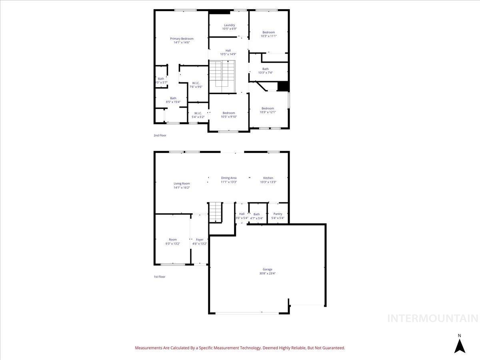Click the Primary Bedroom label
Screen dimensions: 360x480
click(182, 39)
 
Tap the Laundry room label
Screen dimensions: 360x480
click(229, 25)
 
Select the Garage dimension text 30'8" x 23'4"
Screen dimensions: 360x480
click(267, 274)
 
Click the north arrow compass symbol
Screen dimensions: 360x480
click(460, 345)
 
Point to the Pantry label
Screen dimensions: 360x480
click(277, 214)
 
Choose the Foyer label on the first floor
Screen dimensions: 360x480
click(200, 240)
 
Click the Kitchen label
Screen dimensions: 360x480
click(268, 178)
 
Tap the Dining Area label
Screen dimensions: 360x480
click(229, 178)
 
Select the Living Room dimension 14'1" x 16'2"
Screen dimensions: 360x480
click(182, 188)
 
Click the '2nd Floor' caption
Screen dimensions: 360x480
click(160, 136)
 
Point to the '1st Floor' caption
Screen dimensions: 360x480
click(160, 277)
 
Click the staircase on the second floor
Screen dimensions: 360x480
click(222, 74)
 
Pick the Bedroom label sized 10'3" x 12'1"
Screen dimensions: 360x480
click(268, 108)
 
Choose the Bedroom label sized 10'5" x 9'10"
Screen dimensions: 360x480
click(229, 113)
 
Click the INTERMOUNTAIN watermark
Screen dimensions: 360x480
click(433, 318)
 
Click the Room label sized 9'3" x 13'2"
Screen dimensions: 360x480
click(172, 240)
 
